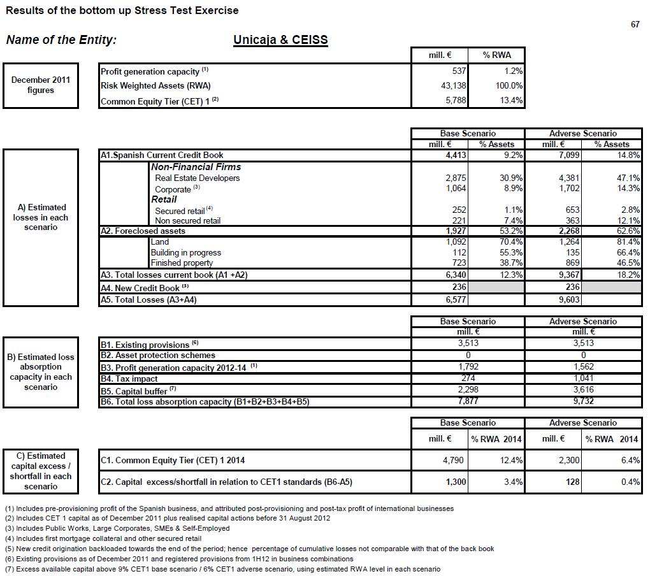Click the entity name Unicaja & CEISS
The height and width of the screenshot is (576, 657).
pyautogui.click(x=280, y=40)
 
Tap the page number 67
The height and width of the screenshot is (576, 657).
pyautogui.click(x=635, y=24)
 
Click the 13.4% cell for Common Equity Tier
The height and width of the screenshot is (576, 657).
pyautogui.click(x=510, y=100)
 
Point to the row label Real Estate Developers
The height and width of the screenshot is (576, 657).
pyautogui.click(x=198, y=178)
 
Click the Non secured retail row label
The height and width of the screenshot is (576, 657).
pyautogui.click(x=188, y=220)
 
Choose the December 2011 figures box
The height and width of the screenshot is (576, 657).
pyautogui.click(x=41, y=85)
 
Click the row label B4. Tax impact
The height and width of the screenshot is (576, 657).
pyautogui.click(x=129, y=378)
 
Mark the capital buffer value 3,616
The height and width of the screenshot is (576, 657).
pyautogui.click(x=583, y=390)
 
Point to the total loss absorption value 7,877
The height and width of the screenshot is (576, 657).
pyautogui.click(x=468, y=401)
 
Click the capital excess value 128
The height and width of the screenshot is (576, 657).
pyautogui.click(x=572, y=482)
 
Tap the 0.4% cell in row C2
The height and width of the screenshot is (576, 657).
pyautogui.click(x=630, y=482)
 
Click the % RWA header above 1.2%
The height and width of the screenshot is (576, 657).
pyautogui.click(x=496, y=55)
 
